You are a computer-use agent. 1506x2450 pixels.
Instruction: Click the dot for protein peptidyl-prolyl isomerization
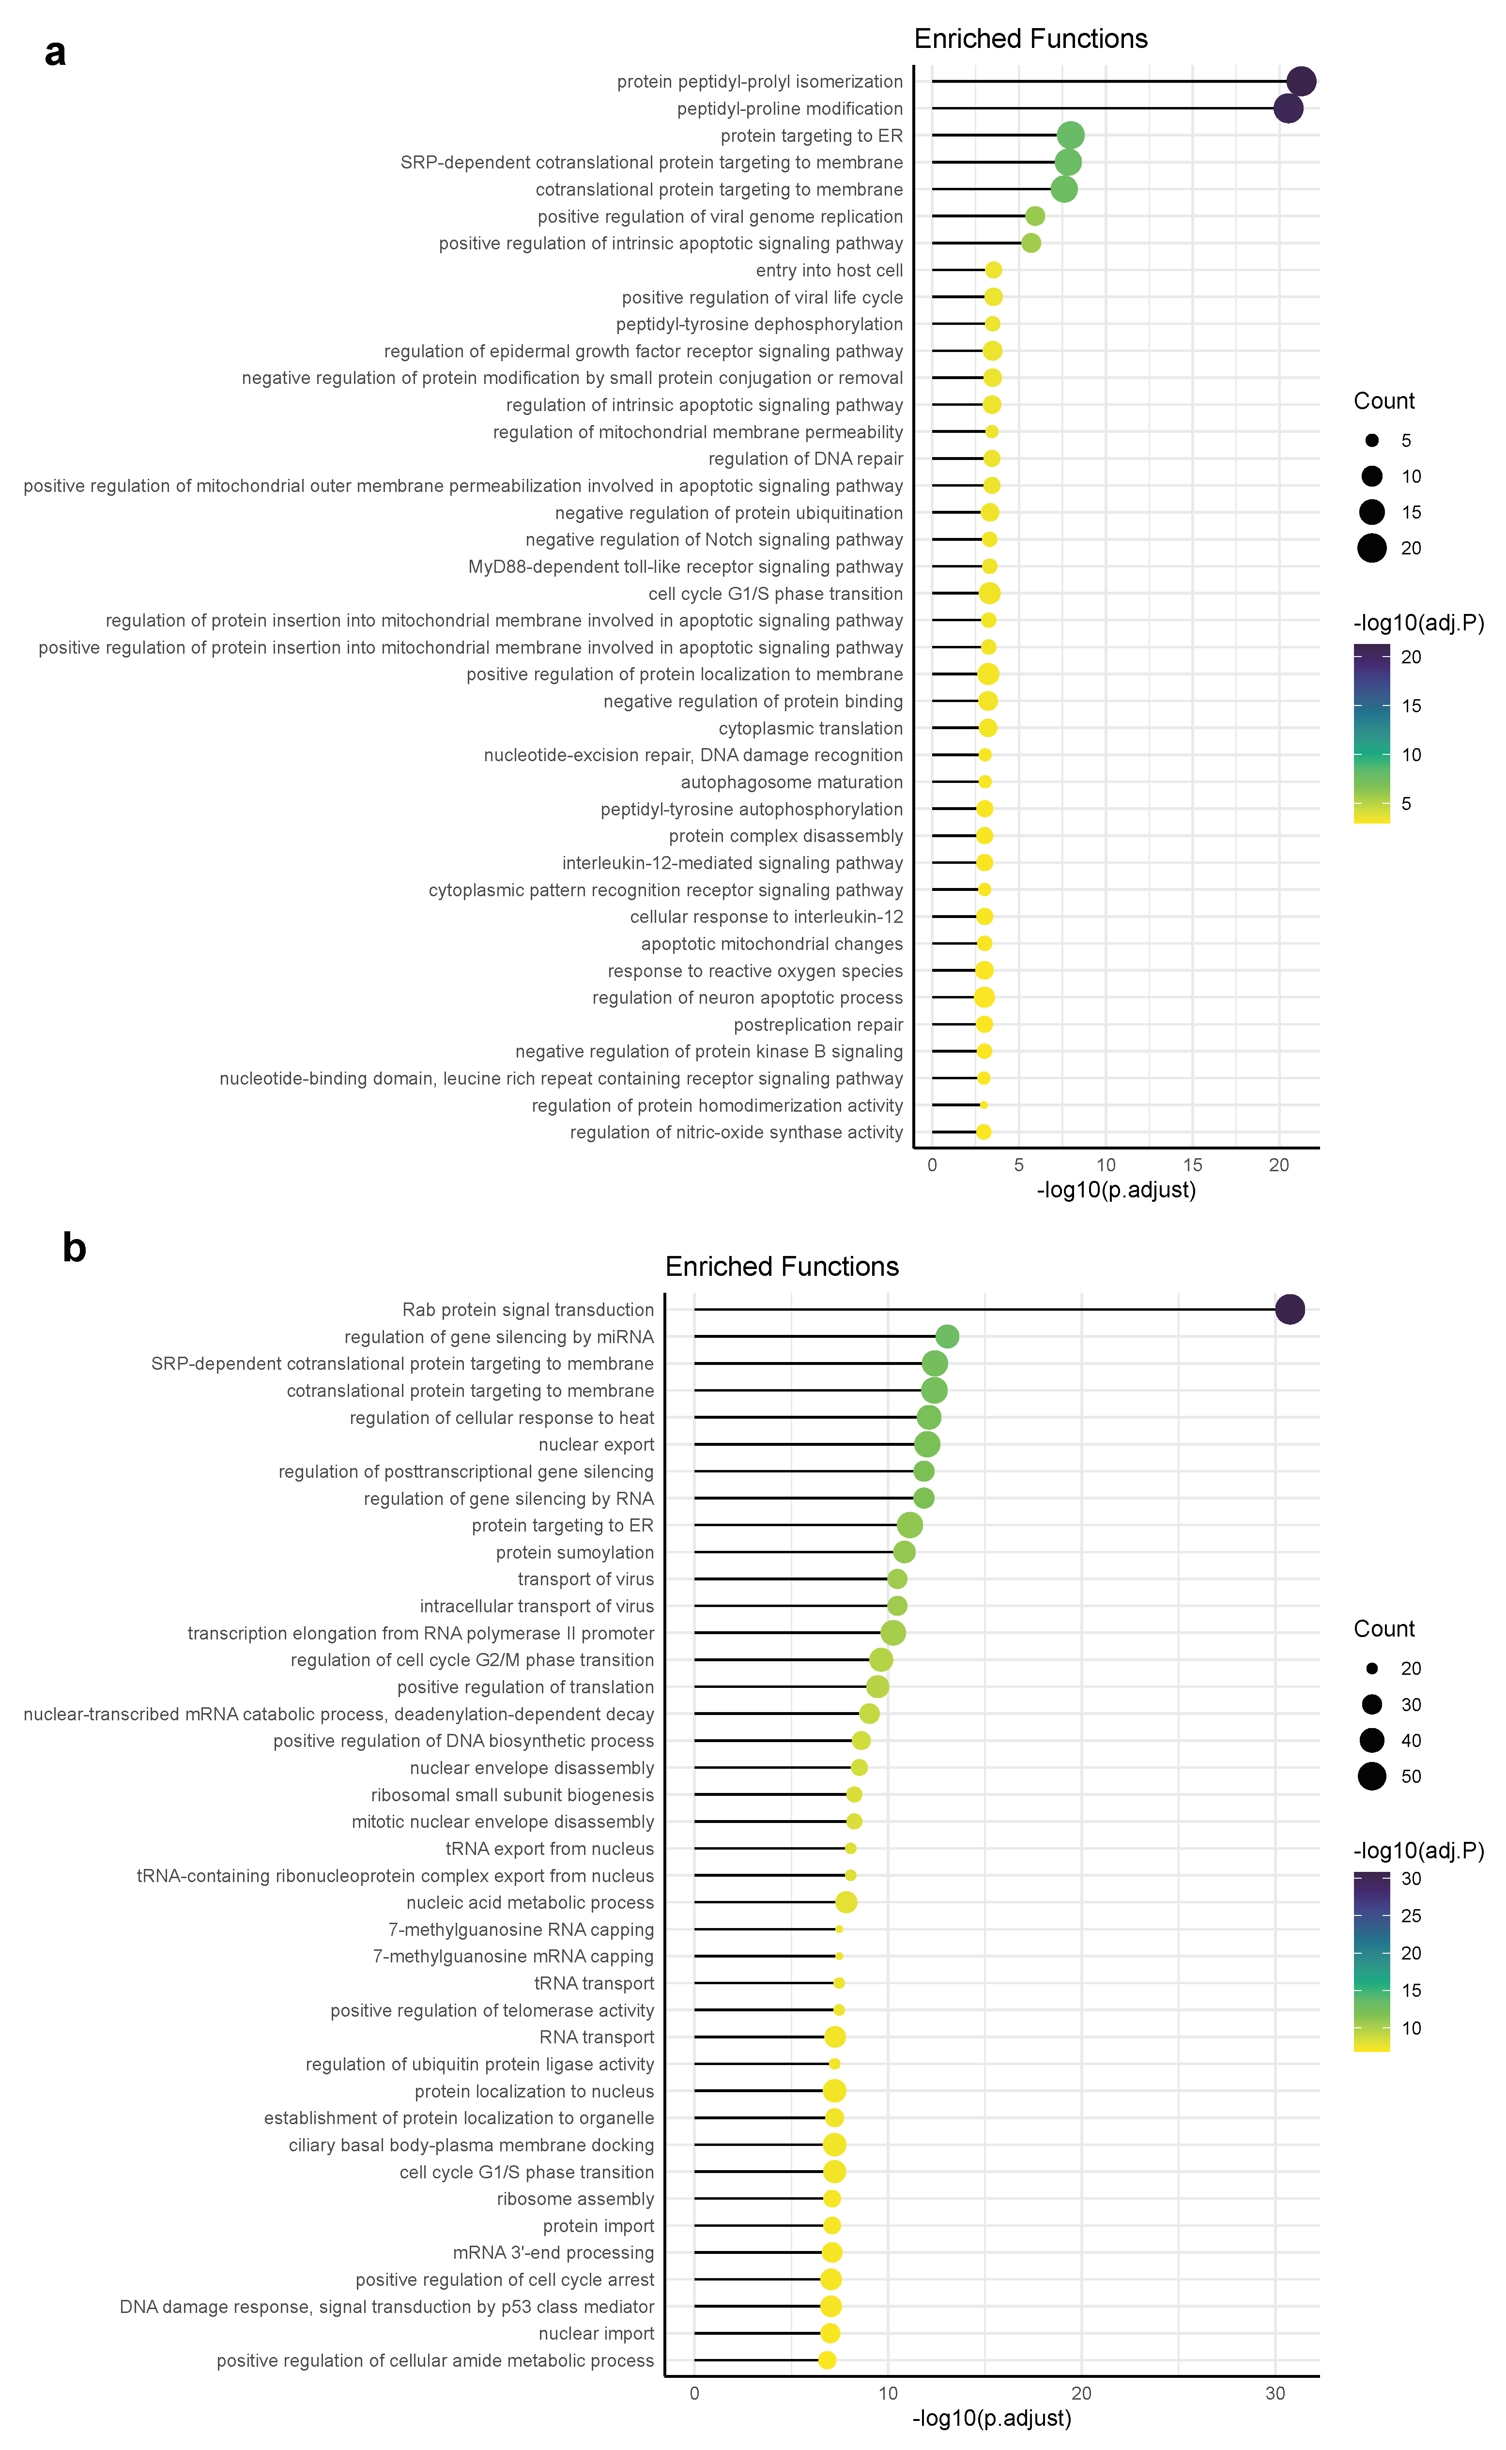1301,82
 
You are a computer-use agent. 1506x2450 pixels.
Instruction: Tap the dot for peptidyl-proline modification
1288,108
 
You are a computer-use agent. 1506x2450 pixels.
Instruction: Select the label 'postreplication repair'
818,1025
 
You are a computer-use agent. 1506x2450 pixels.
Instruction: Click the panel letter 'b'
74,1248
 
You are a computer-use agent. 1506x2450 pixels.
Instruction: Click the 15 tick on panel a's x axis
1192,1165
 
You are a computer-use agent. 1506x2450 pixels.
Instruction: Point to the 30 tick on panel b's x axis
1275,2394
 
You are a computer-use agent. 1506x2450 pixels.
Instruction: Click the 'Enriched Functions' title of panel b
782,1267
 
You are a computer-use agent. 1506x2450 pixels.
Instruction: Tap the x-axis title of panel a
1116,1190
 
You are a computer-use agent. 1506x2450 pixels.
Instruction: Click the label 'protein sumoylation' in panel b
575,1553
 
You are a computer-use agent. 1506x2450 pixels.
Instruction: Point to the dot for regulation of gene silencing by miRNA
947,1336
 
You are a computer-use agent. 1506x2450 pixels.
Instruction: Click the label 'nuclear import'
596,2333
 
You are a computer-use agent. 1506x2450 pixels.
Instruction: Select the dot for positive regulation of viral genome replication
1035,216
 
